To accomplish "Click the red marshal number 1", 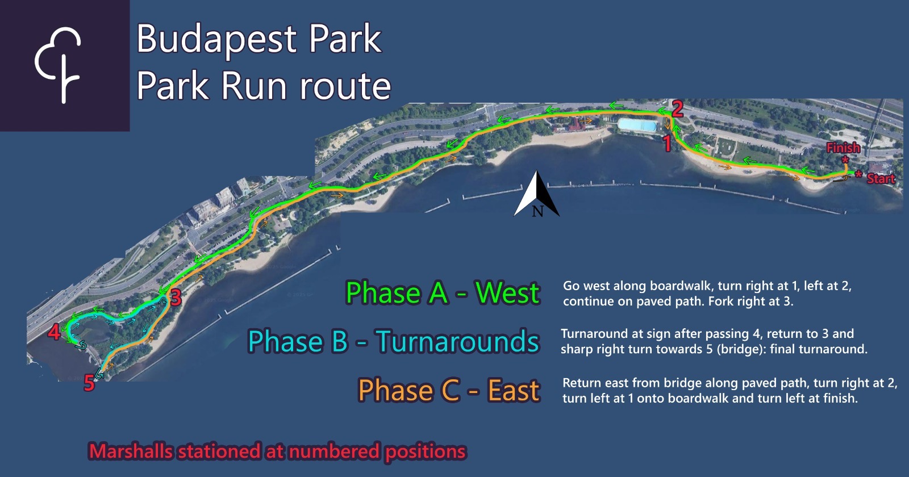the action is coord(667,143).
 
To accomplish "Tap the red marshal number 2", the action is coord(677,108).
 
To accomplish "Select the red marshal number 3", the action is coord(176,298).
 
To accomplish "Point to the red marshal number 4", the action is coord(55,332).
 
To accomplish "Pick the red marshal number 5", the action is coord(89,383).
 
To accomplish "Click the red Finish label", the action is coord(843,148).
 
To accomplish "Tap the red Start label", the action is coord(881,178).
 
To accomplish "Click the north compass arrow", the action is coord(537,194).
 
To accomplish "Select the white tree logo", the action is coord(58,65).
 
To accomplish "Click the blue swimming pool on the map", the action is coord(637,125).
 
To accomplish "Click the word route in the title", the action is coord(345,86).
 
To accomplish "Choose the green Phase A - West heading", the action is coord(443,292).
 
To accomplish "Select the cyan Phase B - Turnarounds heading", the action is coord(394,341).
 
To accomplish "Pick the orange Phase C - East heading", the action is coord(449,390).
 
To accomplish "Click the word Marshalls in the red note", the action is coord(131,451).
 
